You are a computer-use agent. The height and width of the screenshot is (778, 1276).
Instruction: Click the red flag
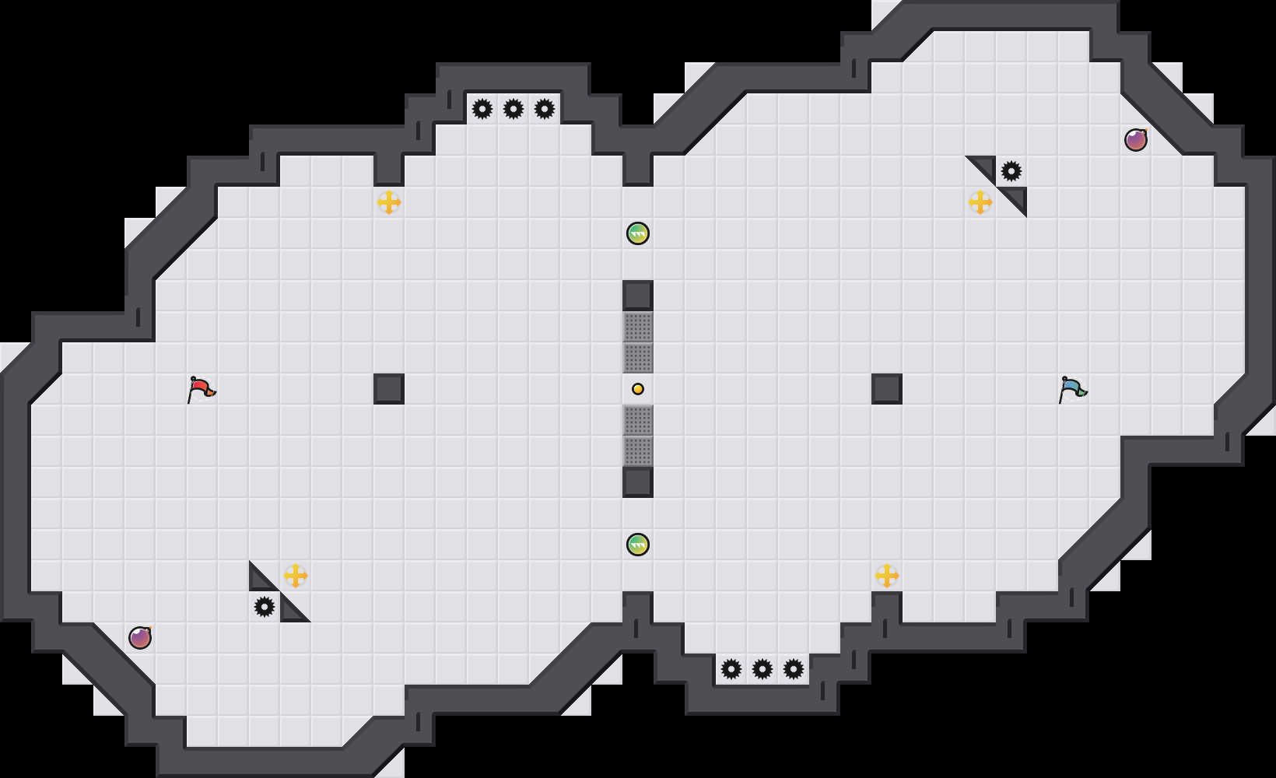201,388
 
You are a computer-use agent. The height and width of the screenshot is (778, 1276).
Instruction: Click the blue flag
1072,388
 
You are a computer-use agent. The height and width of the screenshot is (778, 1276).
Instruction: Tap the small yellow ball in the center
638,389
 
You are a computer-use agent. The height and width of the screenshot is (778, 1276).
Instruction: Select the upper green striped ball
638,233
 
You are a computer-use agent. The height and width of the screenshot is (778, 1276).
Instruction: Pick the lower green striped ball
638,545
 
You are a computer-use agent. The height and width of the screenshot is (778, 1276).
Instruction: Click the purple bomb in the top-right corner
1136,140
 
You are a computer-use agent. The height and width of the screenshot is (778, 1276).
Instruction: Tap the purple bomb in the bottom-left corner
140,638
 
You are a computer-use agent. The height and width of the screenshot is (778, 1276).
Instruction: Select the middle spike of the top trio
514,109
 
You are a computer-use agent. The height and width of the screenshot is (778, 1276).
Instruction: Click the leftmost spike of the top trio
482,109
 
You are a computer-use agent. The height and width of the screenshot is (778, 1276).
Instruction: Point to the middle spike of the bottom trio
762,669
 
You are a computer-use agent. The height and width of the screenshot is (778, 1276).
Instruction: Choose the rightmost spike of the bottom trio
794,669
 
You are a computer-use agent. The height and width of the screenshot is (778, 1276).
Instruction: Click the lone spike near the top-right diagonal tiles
1011,171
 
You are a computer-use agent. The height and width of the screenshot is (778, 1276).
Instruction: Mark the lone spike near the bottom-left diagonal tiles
265,607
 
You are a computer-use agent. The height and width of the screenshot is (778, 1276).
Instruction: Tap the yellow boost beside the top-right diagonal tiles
980,202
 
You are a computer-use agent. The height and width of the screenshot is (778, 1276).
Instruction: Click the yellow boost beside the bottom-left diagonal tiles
296,576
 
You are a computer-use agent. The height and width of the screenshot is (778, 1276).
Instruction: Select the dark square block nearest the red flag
389,389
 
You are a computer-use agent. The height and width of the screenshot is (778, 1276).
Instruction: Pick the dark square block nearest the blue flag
887,389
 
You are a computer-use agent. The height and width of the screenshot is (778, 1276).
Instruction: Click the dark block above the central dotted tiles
638,296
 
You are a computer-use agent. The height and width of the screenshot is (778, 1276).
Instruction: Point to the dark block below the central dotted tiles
638,482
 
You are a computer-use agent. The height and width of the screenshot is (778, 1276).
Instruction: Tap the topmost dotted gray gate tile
638,327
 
